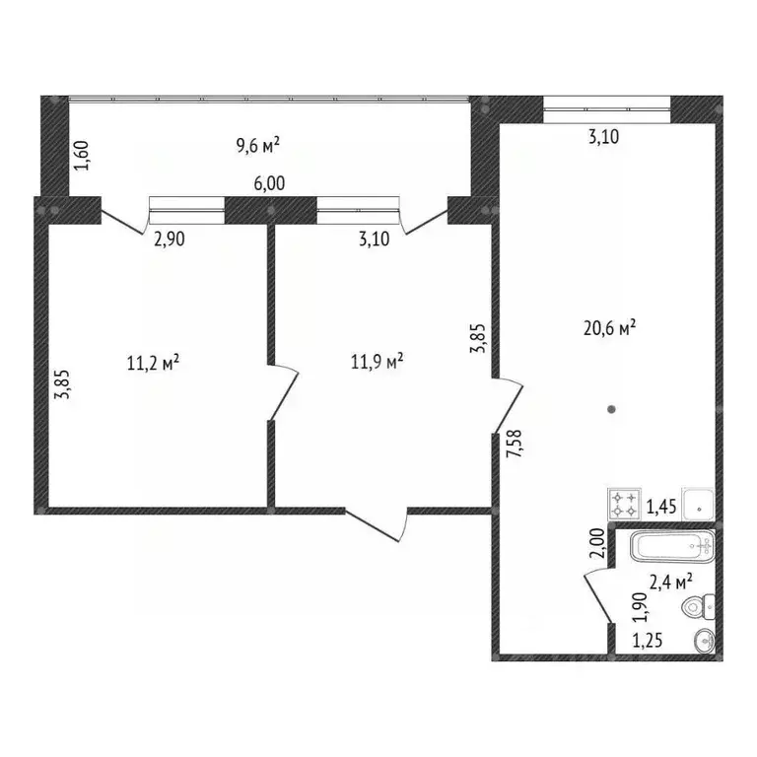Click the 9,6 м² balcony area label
tap(258, 147)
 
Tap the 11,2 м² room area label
tap(153, 363)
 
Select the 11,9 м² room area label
tap(378, 363)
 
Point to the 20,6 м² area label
tap(608, 328)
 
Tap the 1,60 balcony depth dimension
tap(83, 156)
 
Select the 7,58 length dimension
tap(513, 448)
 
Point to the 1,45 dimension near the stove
tap(659, 508)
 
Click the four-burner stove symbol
tap(623, 505)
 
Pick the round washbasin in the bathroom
tap(704, 641)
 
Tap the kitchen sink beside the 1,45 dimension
tap(698, 505)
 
